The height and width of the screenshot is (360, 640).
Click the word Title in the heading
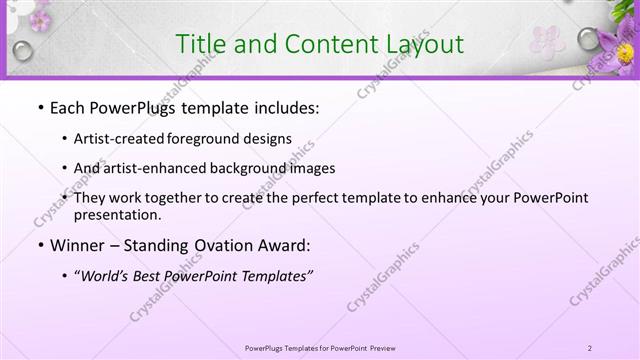point(198,44)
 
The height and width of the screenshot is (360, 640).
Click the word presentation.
point(116,214)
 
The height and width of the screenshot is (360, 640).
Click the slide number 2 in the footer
point(590,348)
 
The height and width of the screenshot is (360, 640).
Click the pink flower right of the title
point(547,40)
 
